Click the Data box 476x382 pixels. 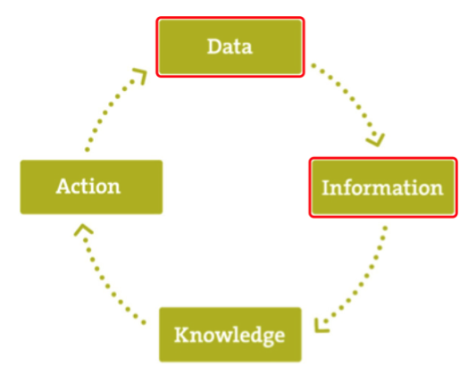coord(230,46)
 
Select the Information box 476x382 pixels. coord(383,187)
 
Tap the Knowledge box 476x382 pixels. coord(230,335)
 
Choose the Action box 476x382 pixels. coord(91,187)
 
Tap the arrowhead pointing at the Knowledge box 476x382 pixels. coord(321,326)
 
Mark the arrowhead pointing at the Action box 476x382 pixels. coord(83,229)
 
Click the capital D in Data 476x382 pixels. coord(215,46)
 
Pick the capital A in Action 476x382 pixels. coord(64,186)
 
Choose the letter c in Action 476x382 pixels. coord(79,188)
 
